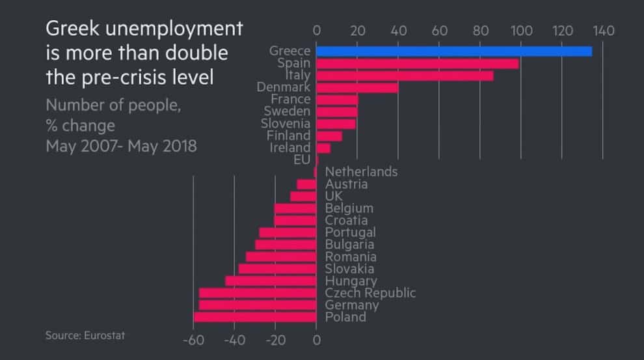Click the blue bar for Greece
coord(453,51)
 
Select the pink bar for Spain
coord(417,64)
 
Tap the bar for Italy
coord(405,76)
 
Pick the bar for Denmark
coord(357,87)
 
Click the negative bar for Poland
coord(255,317)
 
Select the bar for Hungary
coord(271,281)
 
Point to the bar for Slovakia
coord(278,269)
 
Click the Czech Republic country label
coord(369,293)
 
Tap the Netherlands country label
coord(361,172)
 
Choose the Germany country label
coord(351,305)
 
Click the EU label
coord(302,159)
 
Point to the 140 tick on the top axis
coord(603,30)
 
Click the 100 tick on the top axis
coord(521,30)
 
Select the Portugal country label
coord(350,232)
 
